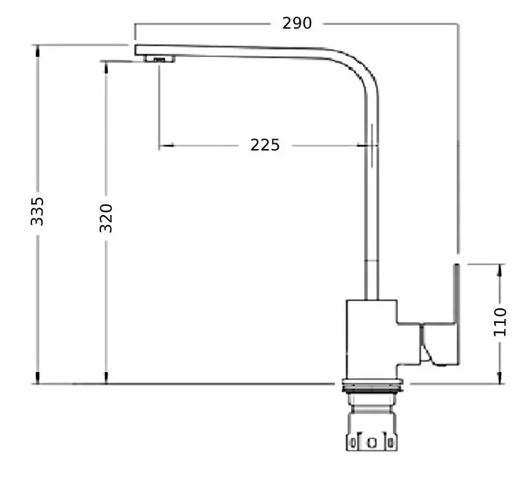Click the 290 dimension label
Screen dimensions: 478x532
297,23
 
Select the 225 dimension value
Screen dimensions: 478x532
265,144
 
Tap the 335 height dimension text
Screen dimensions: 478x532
37,210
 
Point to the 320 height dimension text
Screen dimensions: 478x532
106,218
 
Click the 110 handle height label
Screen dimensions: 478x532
500,322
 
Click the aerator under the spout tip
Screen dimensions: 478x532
158,60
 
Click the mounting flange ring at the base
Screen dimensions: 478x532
371,385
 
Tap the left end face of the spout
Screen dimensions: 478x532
136,49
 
